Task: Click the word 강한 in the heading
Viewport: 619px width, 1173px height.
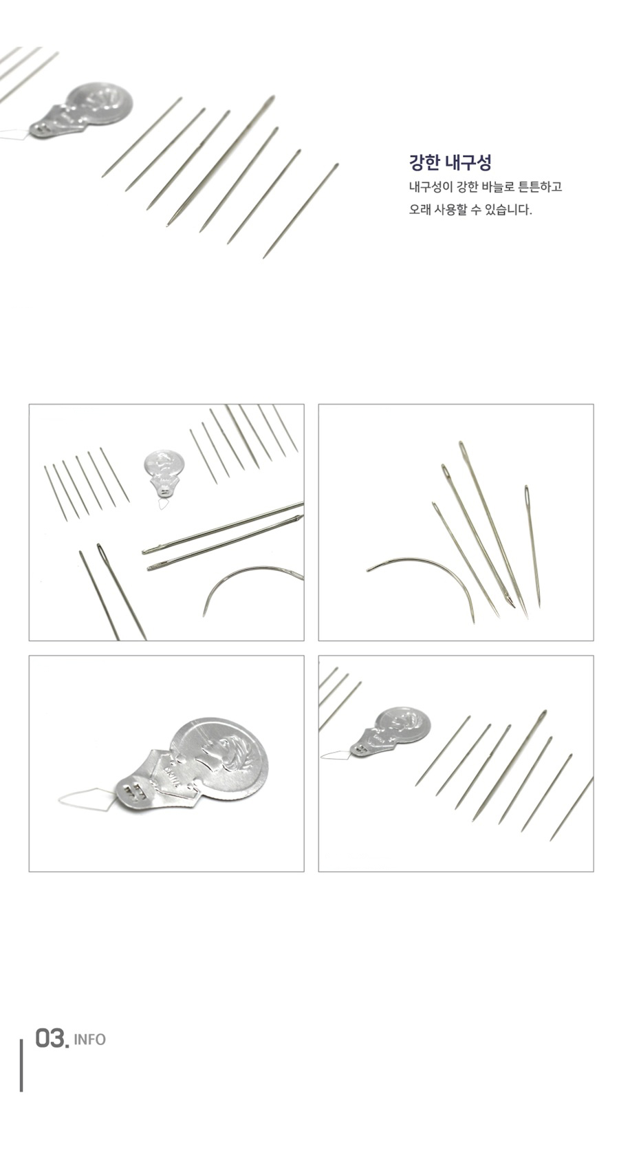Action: tap(425, 162)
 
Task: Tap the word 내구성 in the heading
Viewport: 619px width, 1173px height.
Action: tap(468, 162)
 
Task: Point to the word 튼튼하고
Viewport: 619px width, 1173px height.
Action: tap(540, 187)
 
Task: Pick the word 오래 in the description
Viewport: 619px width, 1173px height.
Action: tap(420, 211)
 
